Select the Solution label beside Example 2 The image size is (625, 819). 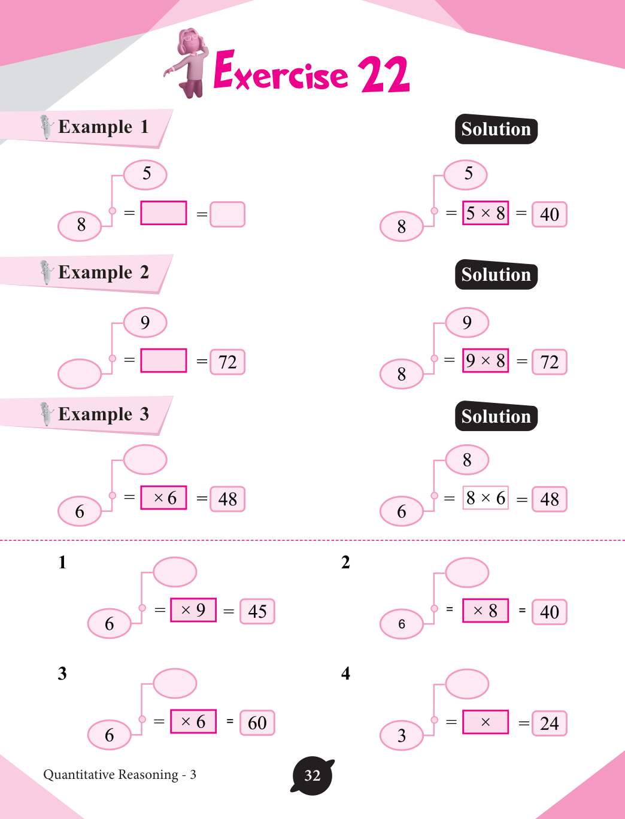coord(496,275)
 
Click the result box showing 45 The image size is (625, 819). coord(257,611)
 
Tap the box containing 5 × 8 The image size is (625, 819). coord(485,213)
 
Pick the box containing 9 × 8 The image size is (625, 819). coord(485,360)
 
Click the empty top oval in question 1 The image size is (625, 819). coord(175,572)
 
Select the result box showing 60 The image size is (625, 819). coord(257,723)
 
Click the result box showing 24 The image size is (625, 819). coord(549,723)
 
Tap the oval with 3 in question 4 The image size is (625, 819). coord(402,735)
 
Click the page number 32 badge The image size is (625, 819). coord(312,776)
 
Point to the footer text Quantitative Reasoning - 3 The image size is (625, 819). coord(120,775)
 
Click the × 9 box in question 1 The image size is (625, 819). coord(193,610)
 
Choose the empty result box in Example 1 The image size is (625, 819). coord(227,214)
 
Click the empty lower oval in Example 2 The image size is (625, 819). coord(80,374)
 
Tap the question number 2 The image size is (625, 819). coord(345,562)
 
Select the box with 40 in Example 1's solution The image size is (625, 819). coord(549,214)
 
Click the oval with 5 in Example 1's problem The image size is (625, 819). coord(145,174)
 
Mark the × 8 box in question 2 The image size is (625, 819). coord(485,611)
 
